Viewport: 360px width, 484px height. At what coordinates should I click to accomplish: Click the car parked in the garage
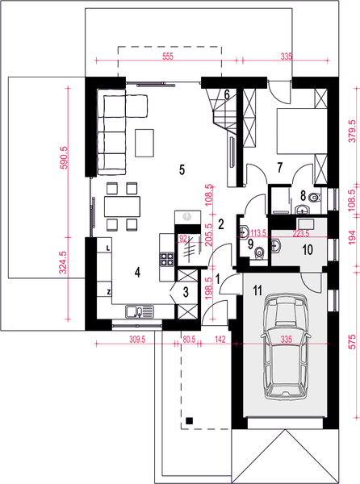click(285, 347)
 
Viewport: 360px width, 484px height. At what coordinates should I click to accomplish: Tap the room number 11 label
click(257, 290)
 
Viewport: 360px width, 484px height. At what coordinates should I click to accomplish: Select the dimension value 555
click(168, 56)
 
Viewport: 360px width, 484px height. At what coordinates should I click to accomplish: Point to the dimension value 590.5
click(63, 157)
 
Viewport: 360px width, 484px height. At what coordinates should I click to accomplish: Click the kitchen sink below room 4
click(140, 311)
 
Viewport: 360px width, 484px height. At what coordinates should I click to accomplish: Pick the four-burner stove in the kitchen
click(167, 259)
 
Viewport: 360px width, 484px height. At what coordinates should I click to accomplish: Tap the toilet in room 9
click(260, 253)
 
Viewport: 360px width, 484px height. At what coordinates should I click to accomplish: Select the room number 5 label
click(182, 169)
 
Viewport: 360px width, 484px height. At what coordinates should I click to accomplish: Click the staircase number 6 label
click(227, 94)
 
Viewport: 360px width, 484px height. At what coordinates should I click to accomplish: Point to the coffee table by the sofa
click(144, 143)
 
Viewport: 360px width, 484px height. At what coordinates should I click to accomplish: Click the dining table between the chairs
click(122, 207)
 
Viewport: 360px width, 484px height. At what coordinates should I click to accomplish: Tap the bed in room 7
click(302, 131)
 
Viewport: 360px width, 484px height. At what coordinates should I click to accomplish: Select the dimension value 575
click(352, 341)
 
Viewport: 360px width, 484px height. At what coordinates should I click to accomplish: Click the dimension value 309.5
click(137, 340)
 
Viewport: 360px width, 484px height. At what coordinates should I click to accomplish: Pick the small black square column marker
click(189, 420)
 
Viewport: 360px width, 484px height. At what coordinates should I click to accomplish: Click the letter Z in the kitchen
click(109, 292)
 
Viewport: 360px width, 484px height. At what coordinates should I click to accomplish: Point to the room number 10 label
click(308, 250)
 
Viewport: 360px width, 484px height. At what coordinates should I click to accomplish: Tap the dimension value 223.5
click(301, 234)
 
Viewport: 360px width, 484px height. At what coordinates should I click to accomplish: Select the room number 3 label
click(186, 292)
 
